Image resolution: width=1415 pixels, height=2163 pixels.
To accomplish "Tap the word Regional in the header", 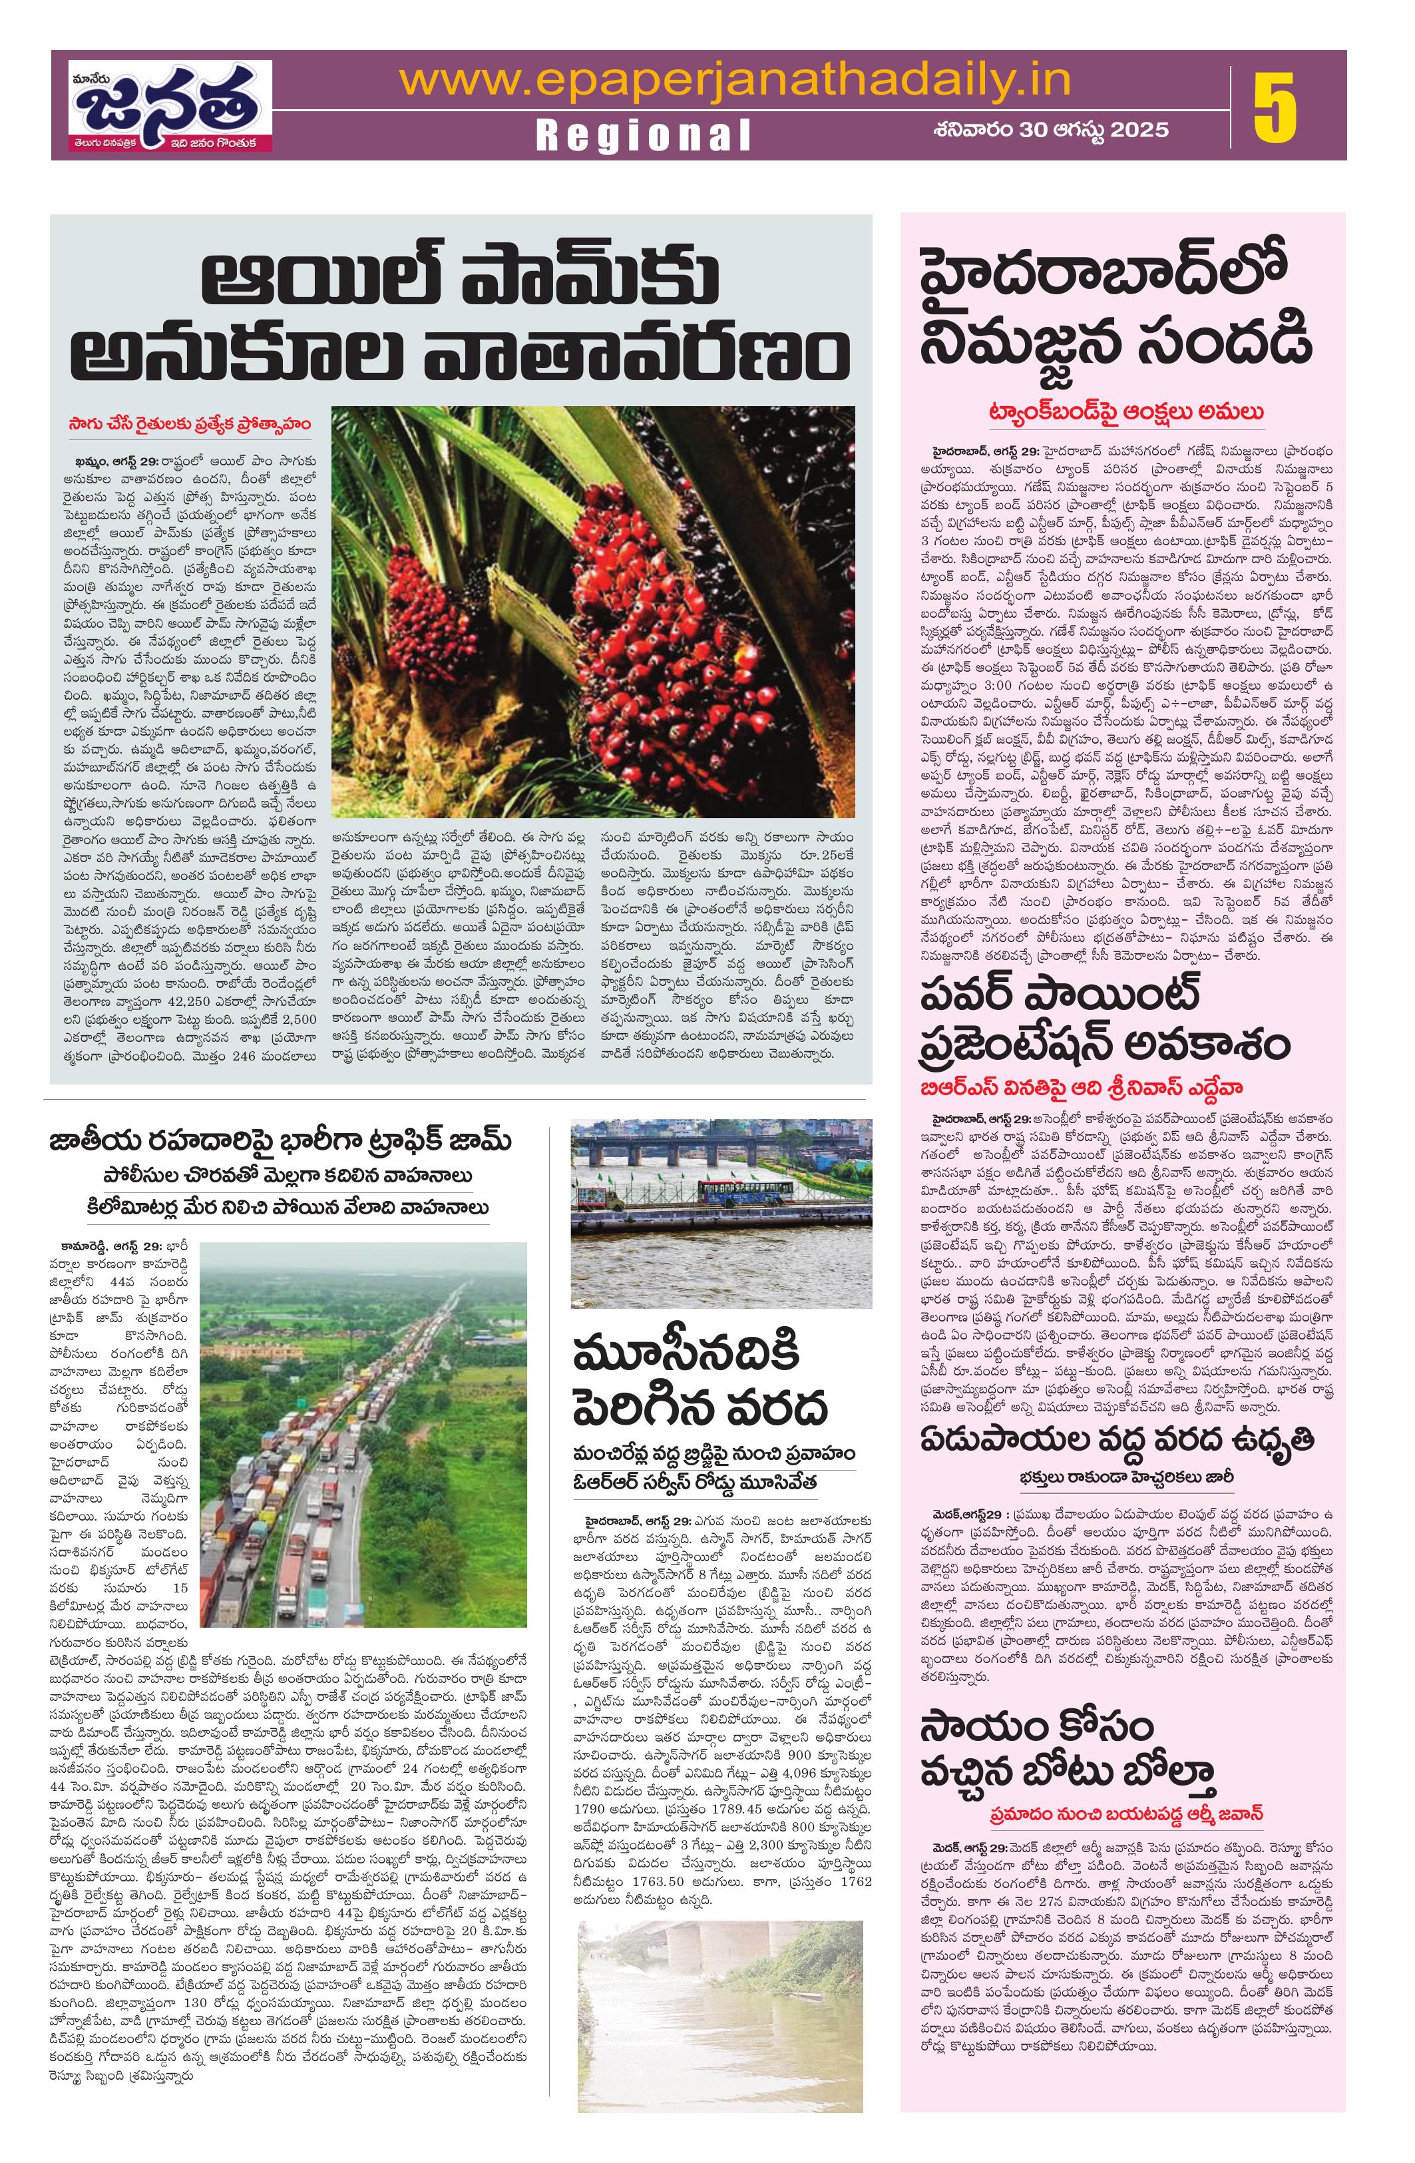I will (x=644, y=134).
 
